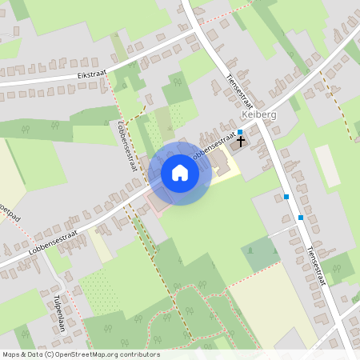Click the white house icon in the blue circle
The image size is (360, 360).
pos(179,173)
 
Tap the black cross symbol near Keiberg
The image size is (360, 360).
pos(241,141)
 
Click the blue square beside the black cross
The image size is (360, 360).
pos(239,132)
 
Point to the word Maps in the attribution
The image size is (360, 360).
pos(10,354)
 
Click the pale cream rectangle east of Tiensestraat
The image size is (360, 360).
pos(328,165)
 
